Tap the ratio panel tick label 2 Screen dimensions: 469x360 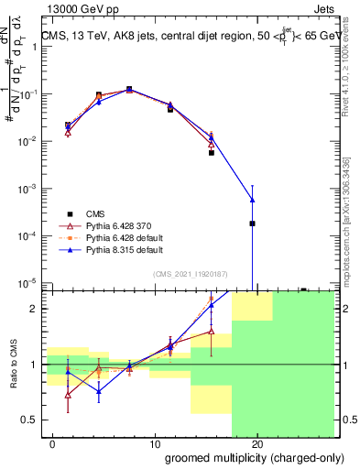click(x=32, y=309)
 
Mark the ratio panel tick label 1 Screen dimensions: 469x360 click(x=32, y=365)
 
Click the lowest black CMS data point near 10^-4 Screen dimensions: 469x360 click(x=252, y=224)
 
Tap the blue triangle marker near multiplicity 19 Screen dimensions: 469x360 click(x=252, y=201)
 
